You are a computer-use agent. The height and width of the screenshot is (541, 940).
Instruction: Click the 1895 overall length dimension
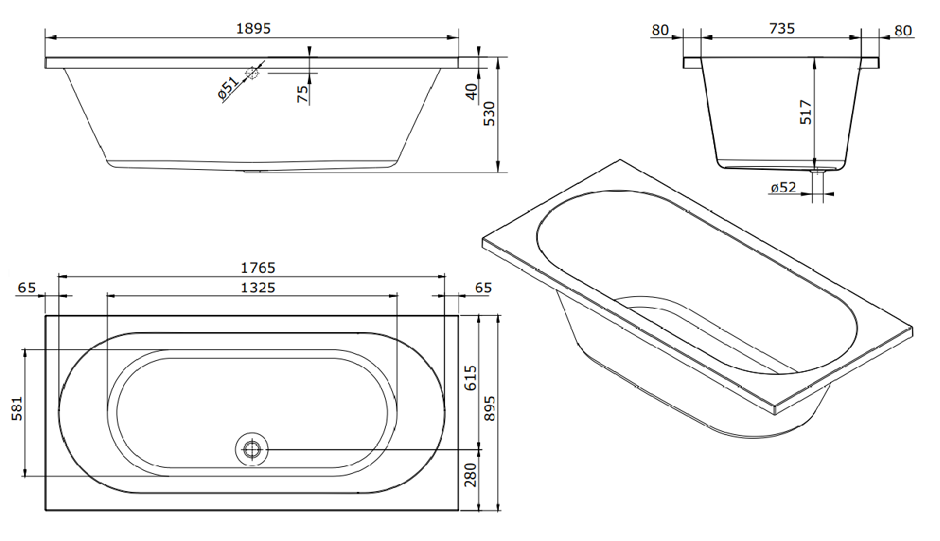(253, 29)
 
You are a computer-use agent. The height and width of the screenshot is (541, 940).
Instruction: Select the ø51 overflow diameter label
(228, 89)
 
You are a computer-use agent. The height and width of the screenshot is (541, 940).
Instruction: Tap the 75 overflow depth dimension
(302, 94)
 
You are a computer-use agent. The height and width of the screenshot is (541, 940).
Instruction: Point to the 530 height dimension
(489, 114)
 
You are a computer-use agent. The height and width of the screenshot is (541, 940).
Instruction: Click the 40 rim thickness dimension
(472, 92)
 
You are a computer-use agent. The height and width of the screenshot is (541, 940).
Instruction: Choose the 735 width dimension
(783, 29)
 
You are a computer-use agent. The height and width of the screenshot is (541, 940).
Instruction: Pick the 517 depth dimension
(806, 111)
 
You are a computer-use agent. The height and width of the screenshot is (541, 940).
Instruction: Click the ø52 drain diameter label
(783, 187)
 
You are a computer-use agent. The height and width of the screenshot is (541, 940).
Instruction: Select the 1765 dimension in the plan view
(258, 268)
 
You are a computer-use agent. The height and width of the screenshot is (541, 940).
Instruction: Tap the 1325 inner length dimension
(258, 288)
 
